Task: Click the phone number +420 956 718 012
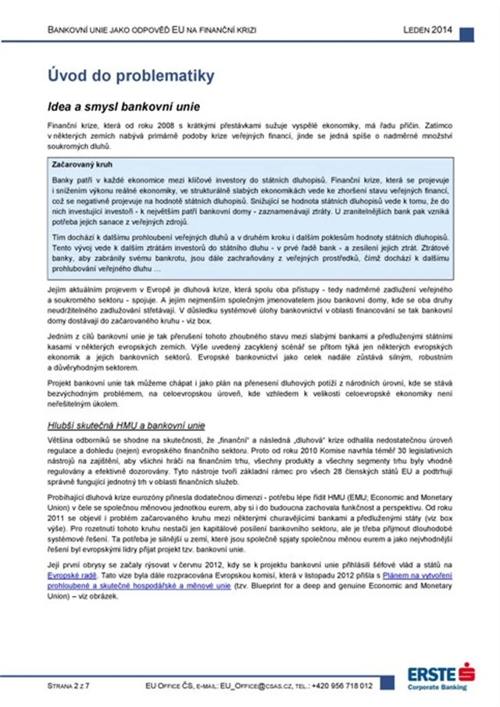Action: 342,685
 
